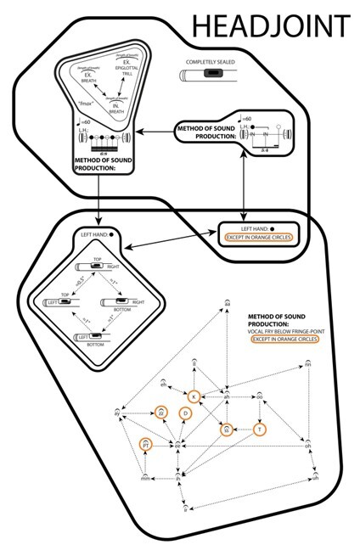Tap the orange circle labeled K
coord(194,397)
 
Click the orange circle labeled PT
coord(146,443)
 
